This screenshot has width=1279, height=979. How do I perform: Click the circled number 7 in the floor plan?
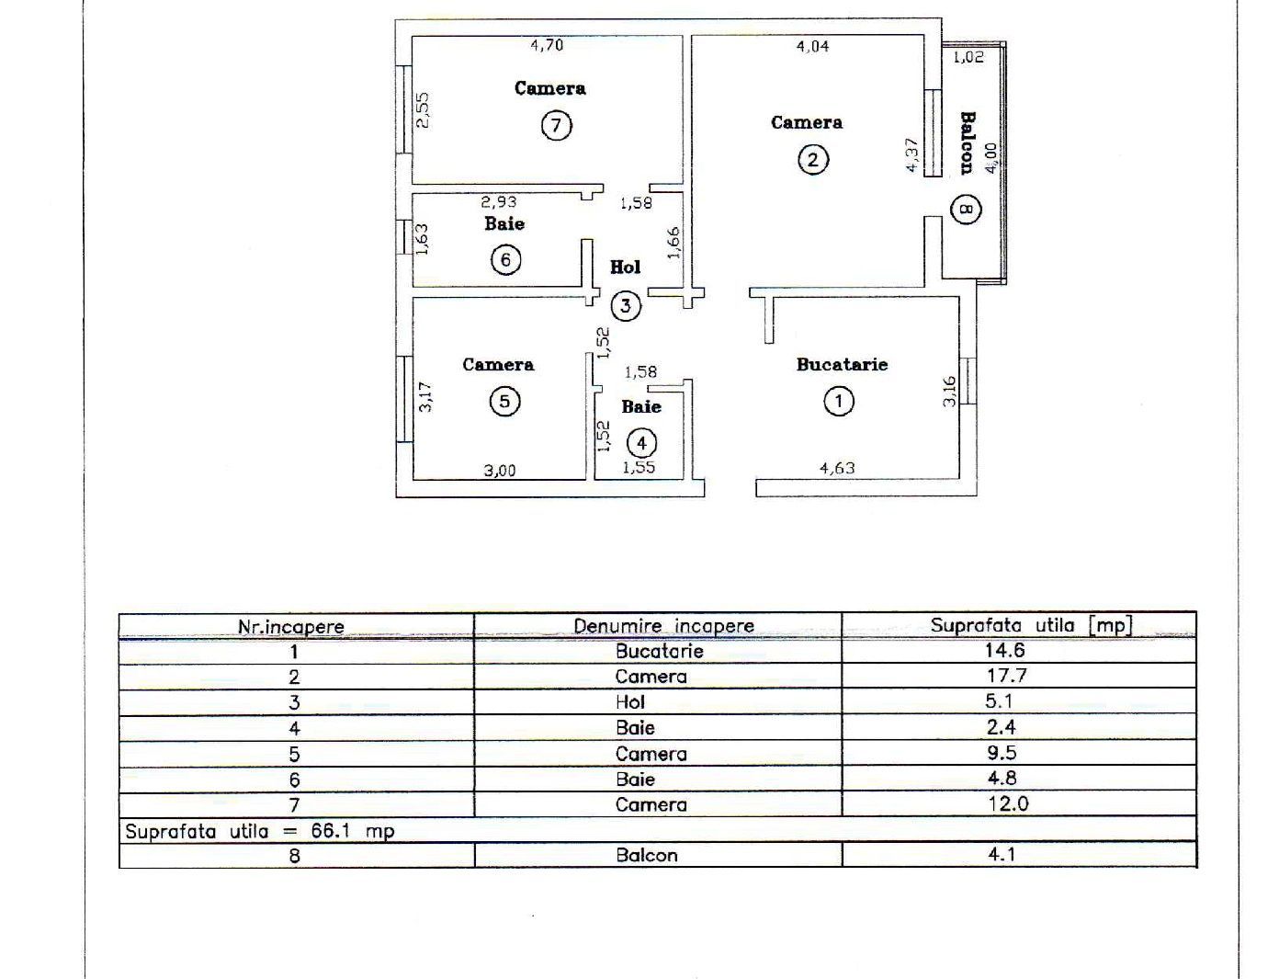pyautogui.click(x=556, y=124)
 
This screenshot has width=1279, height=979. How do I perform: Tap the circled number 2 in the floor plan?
pyautogui.click(x=812, y=160)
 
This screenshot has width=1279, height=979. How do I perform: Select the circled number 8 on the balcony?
pyautogui.click(x=967, y=211)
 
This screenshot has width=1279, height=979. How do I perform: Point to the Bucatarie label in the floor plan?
pyautogui.click(x=842, y=365)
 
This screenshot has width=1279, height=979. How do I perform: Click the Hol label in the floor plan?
pyautogui.click(x=626, y=268)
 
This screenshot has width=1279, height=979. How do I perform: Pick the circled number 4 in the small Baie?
pyautogui.click(x=641, y=443)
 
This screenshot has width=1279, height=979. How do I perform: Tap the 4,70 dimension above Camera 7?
pyautogui.click(x=548, y=44)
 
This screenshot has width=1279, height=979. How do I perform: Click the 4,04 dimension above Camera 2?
pyautogui.click(x=812, y=45)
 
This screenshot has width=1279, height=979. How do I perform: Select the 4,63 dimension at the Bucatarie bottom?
pyautogui.click(x=837, y=468)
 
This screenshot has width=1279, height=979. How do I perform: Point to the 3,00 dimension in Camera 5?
pyautogui.click(x=500, y=471)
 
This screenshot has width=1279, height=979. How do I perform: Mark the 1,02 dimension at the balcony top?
pyautogui.click(x=968, y=57)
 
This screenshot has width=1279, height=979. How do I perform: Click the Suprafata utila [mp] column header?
pyautogui.click(x=1031, y=625)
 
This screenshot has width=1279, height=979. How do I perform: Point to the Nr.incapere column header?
pyautogui.click(x=291, y=627)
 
